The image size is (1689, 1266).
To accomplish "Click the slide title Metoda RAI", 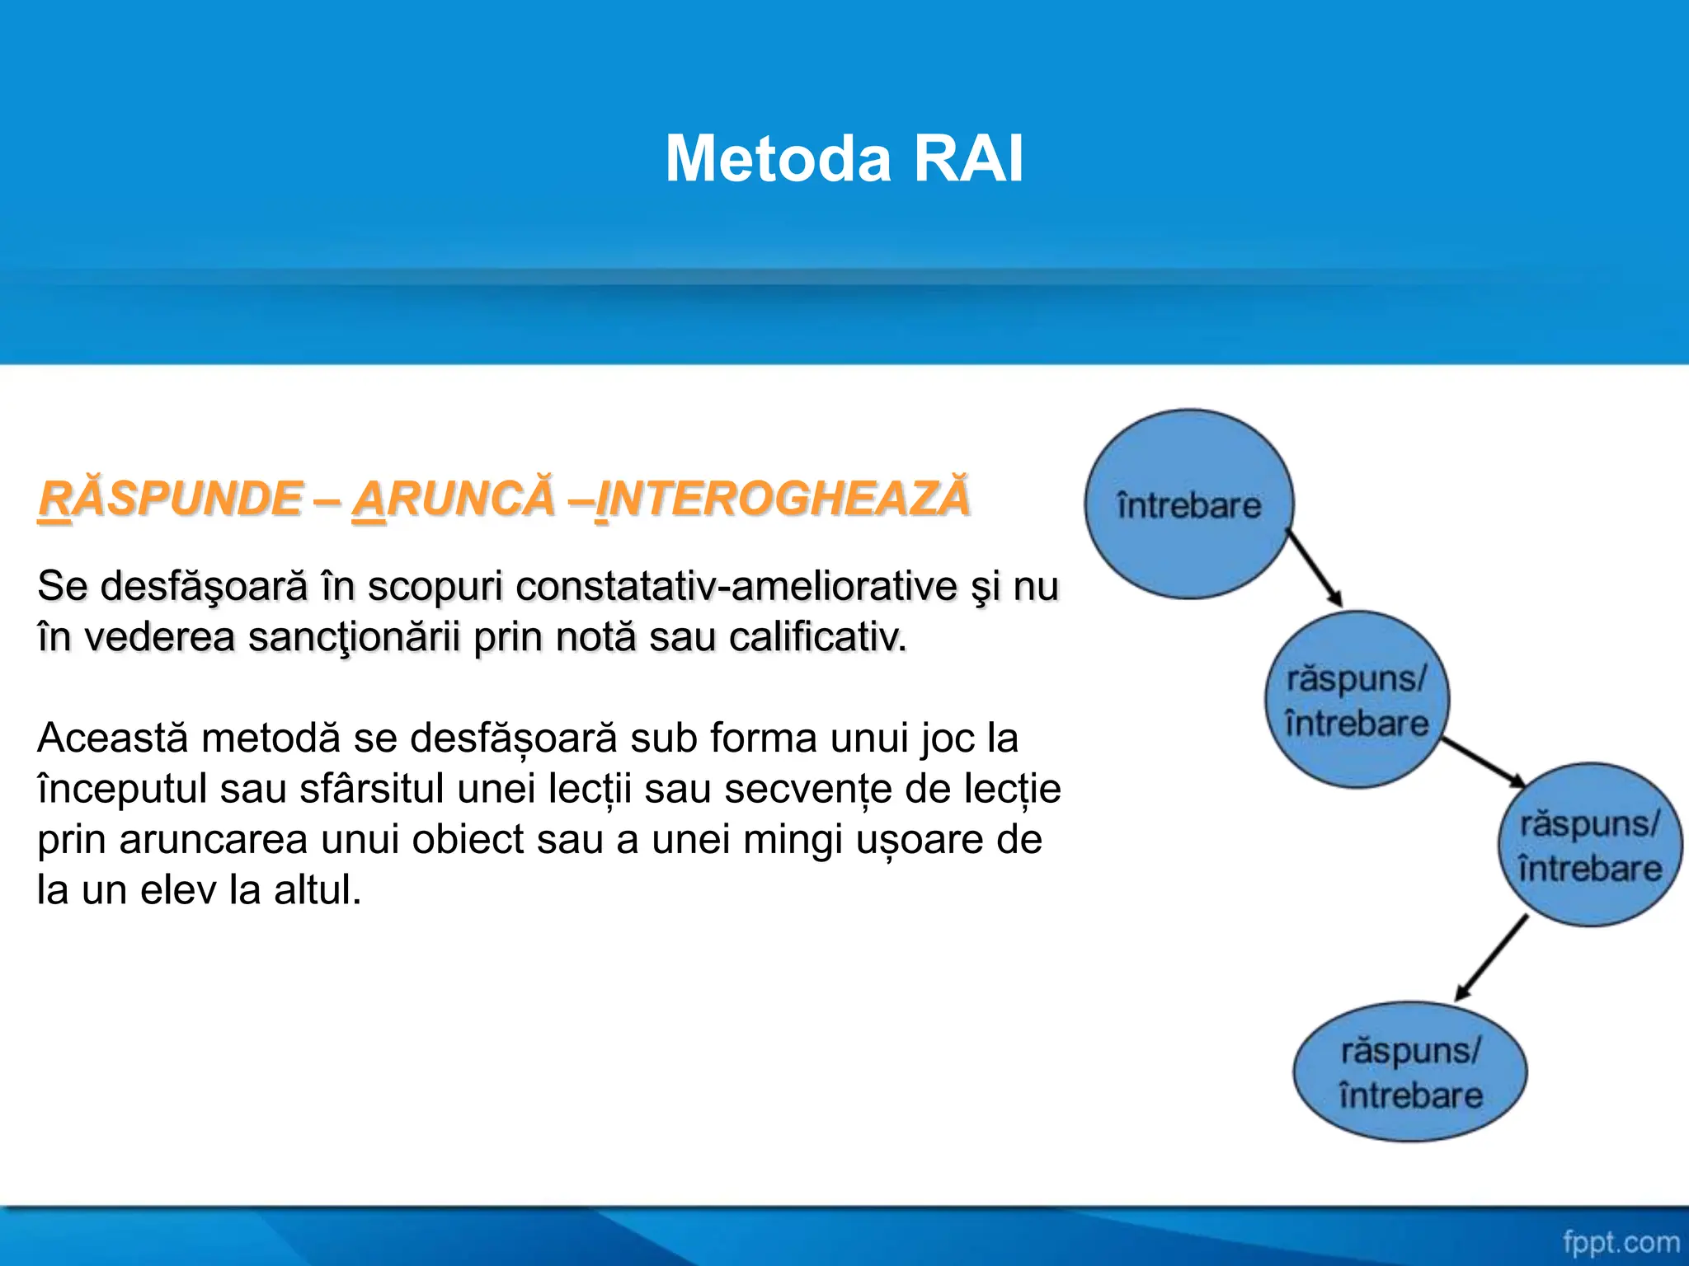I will [x=844, y=158].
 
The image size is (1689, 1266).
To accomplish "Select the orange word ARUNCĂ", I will [x=453, y=499].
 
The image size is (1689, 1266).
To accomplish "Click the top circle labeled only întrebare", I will [x=1188, y=504].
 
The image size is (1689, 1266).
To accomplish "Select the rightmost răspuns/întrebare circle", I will [x=1589, y=846].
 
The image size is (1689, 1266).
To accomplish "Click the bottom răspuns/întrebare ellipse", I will [x=1410, y=1072].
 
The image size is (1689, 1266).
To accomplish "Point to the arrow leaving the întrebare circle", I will [x=1316, y=570].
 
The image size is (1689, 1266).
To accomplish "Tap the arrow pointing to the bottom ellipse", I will [x=1491, y=958].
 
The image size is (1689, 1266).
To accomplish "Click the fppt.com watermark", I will [x=1620, y=1241].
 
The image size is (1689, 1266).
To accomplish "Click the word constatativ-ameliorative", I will [x=737, y=587].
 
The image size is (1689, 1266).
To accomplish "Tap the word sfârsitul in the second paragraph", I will [x=370, y=789].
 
